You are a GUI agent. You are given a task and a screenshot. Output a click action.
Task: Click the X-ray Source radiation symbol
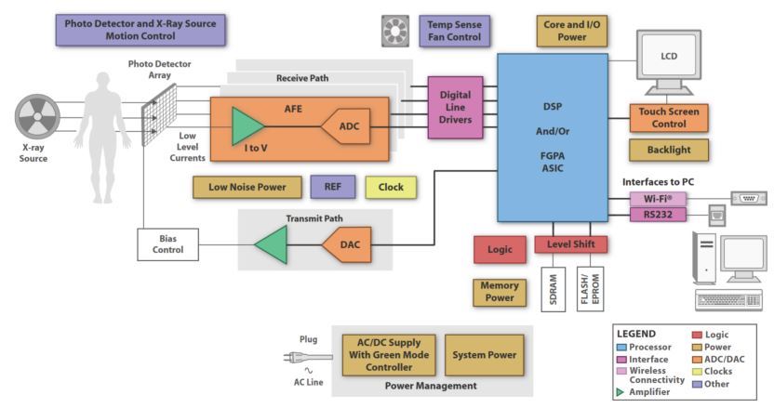(x=36, y=123)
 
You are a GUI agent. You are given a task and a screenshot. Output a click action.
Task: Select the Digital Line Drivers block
(x=455, y=108)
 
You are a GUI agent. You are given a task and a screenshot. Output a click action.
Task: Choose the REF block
(x=332, y=187)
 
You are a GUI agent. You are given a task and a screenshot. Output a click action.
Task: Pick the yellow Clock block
(x=391, y=187)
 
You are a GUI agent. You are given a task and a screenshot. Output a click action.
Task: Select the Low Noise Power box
(x=247, y=187)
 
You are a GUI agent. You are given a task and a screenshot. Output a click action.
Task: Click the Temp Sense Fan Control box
(x=453, y=31)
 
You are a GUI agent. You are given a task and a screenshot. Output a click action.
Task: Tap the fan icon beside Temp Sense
(x=395, y=31)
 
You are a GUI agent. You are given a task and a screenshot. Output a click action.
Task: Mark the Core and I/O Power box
(x=572, y=31)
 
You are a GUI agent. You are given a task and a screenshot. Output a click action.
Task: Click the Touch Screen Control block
(x=668, y=118)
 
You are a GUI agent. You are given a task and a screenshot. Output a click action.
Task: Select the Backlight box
(x=668, y=151)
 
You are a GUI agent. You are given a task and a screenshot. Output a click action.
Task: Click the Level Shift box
(x=570, y=244)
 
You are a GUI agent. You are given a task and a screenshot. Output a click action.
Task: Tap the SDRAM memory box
(x=553, y=287)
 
